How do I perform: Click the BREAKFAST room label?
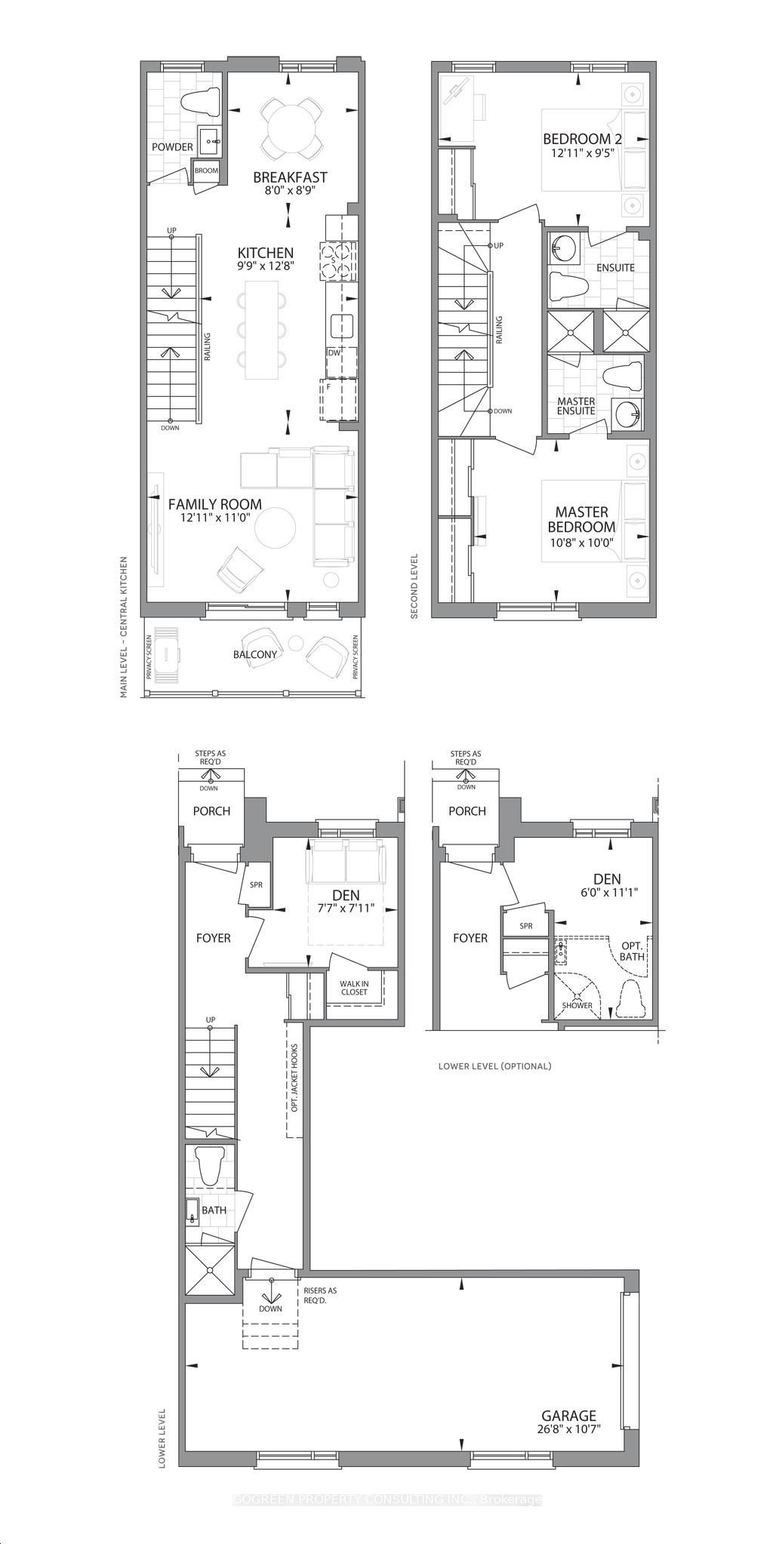290,177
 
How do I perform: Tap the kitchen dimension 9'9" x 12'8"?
266,266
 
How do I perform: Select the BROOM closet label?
206,171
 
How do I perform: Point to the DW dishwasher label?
334,352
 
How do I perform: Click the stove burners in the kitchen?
337,261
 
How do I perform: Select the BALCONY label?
255,654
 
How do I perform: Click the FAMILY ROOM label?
215,504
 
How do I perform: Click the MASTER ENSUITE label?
576,406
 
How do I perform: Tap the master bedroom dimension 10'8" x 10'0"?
582,542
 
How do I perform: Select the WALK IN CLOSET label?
353,987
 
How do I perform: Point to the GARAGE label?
568,1416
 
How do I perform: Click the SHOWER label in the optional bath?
577,1005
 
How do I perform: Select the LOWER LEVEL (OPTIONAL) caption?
494,1066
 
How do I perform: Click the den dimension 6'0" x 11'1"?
606,891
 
